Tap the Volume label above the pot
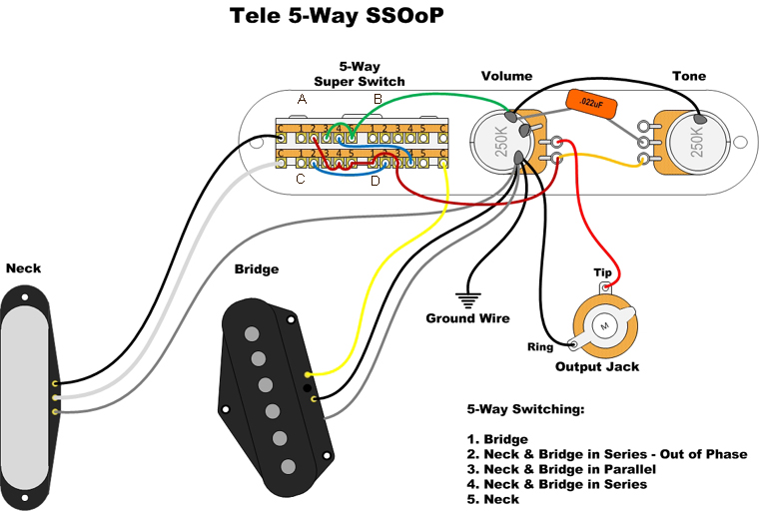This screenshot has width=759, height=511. pos(506,76)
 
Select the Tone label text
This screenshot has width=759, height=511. pos(689,76)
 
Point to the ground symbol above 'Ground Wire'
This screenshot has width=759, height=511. pos(466,298)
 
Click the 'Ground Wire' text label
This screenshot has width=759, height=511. pos(467,318)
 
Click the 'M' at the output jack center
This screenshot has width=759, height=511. pos(604,325)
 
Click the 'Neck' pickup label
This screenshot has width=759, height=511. pos(23,268)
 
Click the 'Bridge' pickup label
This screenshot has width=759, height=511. pos(256,269)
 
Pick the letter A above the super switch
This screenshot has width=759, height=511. pos(302,99)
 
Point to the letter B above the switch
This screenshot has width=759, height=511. pos(378,99)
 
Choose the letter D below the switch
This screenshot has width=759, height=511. pos(375,181)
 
